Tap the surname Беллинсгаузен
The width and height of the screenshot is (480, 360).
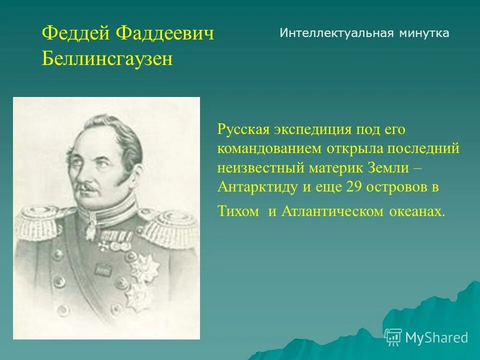(107, 59)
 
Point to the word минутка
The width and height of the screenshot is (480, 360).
(424, 33)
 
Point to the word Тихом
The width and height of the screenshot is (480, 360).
(238, 211)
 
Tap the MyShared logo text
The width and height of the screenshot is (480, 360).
(436, 337)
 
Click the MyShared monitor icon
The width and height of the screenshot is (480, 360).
(393, 337)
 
